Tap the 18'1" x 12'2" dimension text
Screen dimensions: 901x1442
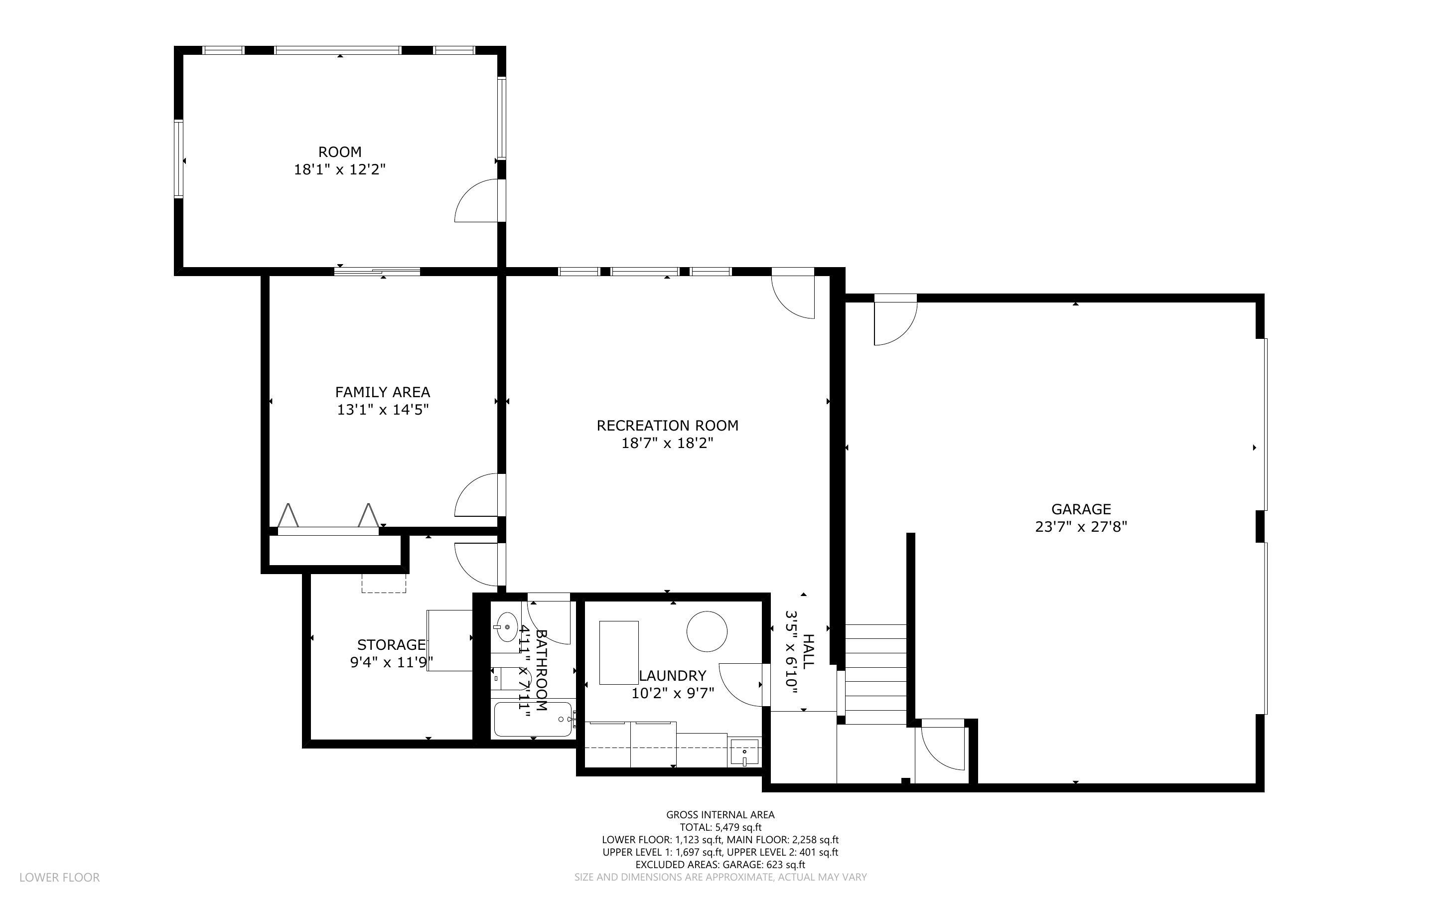339,170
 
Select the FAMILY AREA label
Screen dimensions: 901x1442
382,392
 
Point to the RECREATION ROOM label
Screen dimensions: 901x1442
667,426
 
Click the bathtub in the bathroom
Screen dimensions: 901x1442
532,719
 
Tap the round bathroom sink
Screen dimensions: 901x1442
506,627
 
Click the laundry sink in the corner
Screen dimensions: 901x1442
744,752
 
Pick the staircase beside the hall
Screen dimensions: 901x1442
875,673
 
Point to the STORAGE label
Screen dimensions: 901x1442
391,645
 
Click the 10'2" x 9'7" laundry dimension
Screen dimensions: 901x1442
673,693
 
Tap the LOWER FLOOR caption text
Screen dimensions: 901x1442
60,877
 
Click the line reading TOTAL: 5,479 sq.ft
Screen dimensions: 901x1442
720,827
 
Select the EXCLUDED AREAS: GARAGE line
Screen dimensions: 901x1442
720,865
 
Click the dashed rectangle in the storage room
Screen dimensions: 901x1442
384,583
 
